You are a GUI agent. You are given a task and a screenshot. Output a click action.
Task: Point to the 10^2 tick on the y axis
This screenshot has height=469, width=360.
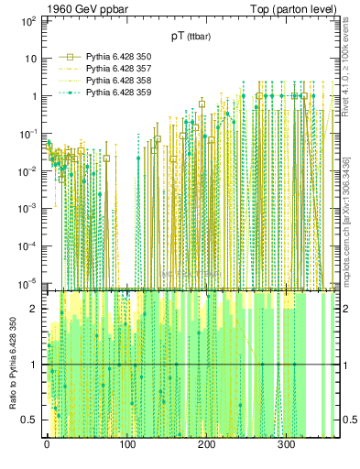pos(27,19)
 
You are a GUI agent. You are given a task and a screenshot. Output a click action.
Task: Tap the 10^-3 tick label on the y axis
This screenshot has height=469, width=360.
pos(27,208)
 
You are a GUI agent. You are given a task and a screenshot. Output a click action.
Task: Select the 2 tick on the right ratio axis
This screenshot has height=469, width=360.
pos(345,309)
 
